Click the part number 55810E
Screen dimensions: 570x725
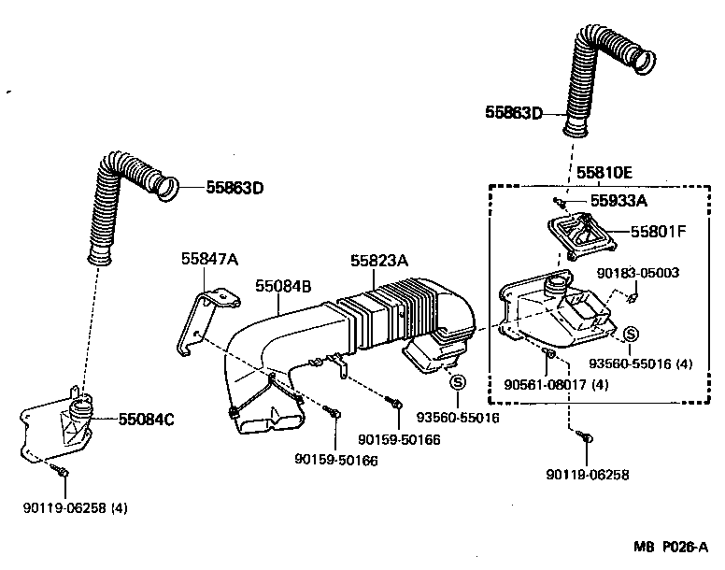coord(604,172)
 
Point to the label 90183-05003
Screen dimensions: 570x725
coord(637,273)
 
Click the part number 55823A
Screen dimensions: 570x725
coord(379,262)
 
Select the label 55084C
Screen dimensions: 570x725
coord(146,420)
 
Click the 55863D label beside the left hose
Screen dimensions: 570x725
coord(235,188)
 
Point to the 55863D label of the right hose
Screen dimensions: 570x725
coord(514,112)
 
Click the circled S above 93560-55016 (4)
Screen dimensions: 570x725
coord(631,335)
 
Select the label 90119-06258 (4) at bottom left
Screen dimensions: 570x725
coord(76,508)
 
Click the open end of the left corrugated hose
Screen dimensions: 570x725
coord(166,187)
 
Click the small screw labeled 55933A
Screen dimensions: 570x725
coord(559,201)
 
